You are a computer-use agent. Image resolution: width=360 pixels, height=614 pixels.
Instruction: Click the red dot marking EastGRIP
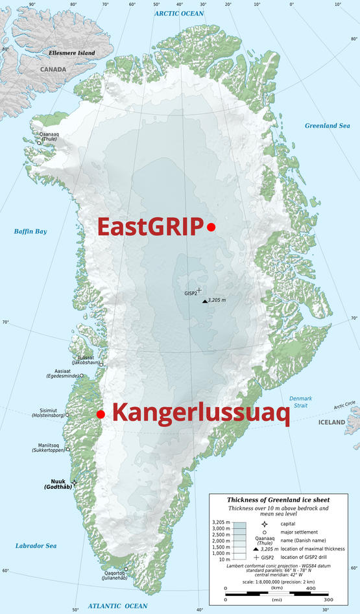pos(211,226)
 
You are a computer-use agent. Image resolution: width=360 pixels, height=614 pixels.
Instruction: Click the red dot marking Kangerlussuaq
pos(100,414)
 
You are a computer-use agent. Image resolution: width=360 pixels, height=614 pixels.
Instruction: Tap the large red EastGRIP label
pos(149,227)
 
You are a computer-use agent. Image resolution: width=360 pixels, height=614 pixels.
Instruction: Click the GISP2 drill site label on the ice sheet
pos(189,293)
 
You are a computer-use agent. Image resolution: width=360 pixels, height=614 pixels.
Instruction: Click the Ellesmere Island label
pos(73,53)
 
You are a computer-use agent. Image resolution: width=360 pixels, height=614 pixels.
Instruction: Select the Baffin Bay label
pos(30,231)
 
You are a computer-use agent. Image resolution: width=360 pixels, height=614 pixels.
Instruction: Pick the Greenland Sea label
pos(328,124)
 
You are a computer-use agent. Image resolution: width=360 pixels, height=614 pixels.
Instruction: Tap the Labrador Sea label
pos(36,546)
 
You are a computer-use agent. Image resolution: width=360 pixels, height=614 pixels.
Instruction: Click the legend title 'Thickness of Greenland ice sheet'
pos(278,500)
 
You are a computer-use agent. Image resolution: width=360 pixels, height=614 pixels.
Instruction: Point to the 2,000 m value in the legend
pos(222,539)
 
